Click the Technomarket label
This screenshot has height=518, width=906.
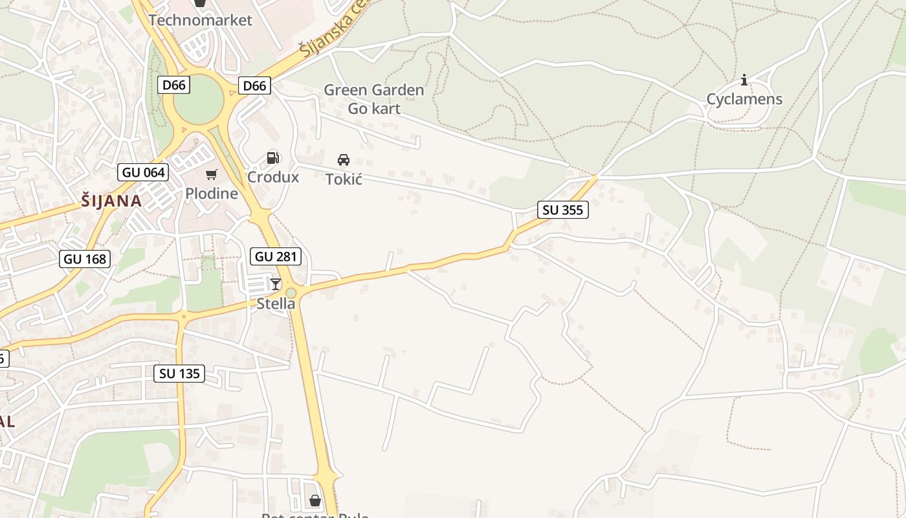click(200, 20)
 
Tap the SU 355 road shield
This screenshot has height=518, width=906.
click(562, 210)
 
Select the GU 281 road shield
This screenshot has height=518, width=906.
click(276, 256)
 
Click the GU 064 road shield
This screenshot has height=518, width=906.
click(143, 172)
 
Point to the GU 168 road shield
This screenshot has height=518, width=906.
click(85, 259)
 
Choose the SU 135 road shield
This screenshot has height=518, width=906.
click(179, 373)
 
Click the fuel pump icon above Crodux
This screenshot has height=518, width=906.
click(273, 157)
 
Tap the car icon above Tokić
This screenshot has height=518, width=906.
click(344, 159)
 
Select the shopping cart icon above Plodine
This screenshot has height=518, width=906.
click(212, 174)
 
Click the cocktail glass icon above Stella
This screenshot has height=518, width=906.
click(276, 284)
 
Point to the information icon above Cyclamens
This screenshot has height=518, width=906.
click(744, 80)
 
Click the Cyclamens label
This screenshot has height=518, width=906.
click(744, 99)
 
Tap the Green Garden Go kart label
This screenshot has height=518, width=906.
click(374, 99)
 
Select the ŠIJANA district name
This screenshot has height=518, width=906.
click(112, 201)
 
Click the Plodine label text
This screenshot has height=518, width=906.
click(212, 193)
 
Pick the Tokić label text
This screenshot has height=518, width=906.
click(344, 179)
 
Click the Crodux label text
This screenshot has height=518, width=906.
click(273, 177)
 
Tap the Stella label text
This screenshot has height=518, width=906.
click(276, 303)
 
